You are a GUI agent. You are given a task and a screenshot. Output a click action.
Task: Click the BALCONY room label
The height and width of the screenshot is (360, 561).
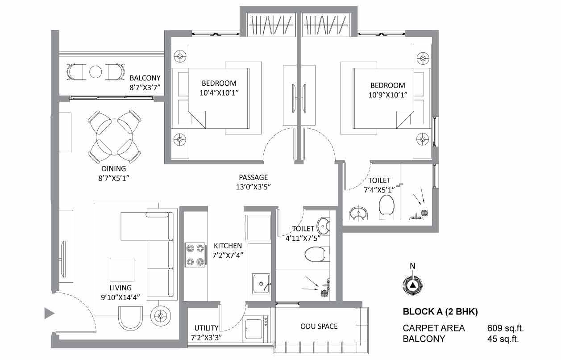145,78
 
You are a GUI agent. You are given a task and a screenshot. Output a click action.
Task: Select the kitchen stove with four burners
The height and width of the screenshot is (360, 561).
195,255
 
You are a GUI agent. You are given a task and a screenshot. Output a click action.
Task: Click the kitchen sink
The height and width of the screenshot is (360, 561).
261,284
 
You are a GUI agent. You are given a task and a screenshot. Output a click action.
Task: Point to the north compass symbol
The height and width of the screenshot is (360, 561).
412,285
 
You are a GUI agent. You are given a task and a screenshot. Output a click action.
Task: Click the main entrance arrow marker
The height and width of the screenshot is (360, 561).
50,313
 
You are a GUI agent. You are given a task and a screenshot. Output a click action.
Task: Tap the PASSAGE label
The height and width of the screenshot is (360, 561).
253,177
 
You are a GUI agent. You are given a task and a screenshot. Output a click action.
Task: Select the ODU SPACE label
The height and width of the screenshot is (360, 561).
319,326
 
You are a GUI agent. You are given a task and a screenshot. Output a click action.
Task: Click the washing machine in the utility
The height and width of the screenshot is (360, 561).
256,329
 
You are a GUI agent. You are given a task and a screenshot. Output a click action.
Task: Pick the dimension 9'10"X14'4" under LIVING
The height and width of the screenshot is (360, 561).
120,297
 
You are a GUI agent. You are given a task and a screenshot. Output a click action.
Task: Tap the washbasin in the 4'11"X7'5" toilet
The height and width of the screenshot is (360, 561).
323,226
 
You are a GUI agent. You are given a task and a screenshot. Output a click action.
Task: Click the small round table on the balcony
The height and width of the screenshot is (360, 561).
96,72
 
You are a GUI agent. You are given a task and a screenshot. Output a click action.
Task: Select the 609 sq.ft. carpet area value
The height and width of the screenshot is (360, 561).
505,328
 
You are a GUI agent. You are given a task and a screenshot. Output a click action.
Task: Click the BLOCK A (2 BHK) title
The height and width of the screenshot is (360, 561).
440,312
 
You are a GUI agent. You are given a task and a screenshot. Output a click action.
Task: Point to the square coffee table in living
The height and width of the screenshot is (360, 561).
122,269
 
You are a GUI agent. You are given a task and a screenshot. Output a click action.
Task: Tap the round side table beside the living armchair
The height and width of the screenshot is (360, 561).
161,316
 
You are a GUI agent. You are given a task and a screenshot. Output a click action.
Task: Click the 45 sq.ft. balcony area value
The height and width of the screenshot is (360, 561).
503,339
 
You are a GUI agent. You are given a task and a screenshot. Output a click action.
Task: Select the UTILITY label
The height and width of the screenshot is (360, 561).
206,328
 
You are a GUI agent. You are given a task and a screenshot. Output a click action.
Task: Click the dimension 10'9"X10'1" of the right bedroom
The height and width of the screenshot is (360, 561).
388,95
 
